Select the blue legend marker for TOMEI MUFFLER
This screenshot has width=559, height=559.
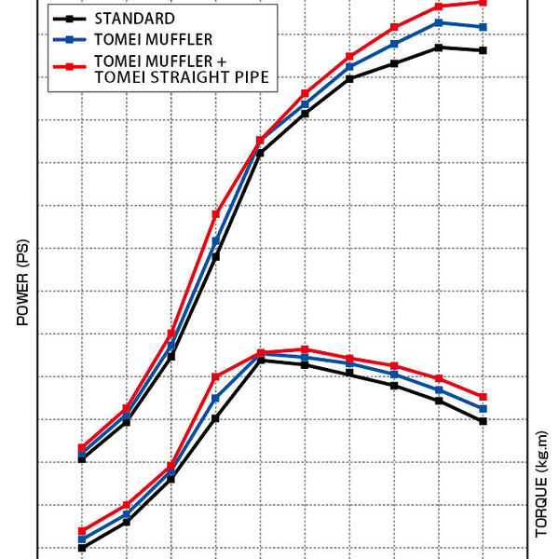pyautogui.click(x=69, y=39)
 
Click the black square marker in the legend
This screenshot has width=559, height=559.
pyautogui.click(x=69, y=19)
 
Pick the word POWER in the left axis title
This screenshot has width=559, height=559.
pyautogui.click(x=24, y=297)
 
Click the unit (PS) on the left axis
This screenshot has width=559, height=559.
pyautogui.click(x=24, y=254)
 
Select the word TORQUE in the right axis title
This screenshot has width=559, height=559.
pyautogui.click(x=542, y=510)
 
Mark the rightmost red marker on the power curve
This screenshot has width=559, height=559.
pyautogui.click(x=483, y=2)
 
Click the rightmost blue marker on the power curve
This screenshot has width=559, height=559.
pyautogui.click(x=483, y=27)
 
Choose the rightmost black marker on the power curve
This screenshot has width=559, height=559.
pyautogui.click(x=483, y=50)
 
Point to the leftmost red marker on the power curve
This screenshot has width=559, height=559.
pyautogui.click(x=82, y=447)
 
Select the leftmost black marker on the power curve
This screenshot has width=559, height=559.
pyautogui.click(x=82, y=459)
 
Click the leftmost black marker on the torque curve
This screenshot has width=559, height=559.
pyautogui.click(x=82, y=548)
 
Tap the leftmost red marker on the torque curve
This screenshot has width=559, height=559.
pyautogui.click(x=82, y=530)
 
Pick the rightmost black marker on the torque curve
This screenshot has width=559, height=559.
pyautogui.click(x=483, y=421)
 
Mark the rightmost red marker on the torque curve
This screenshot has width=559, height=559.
pyautogui.click(x=483, y=397)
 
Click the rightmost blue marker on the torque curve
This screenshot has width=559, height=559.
pyautogui.click(x=483, y=409)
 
